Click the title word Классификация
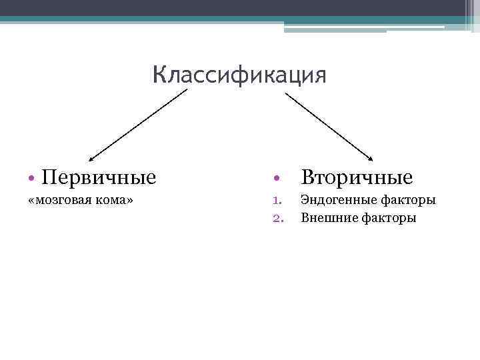tap(239, 75)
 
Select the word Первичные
tap(99, 177)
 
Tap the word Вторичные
tap(357, 177)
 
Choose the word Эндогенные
tap(339, 200)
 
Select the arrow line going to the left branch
tap(140, 123)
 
